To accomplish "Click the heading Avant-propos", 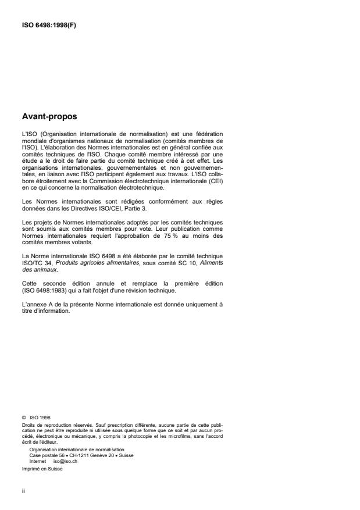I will pos(49,116).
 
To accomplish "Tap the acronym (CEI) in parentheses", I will pos(216,183).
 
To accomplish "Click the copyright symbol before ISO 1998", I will pos(23,416).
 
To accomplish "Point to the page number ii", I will pos(23,490).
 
